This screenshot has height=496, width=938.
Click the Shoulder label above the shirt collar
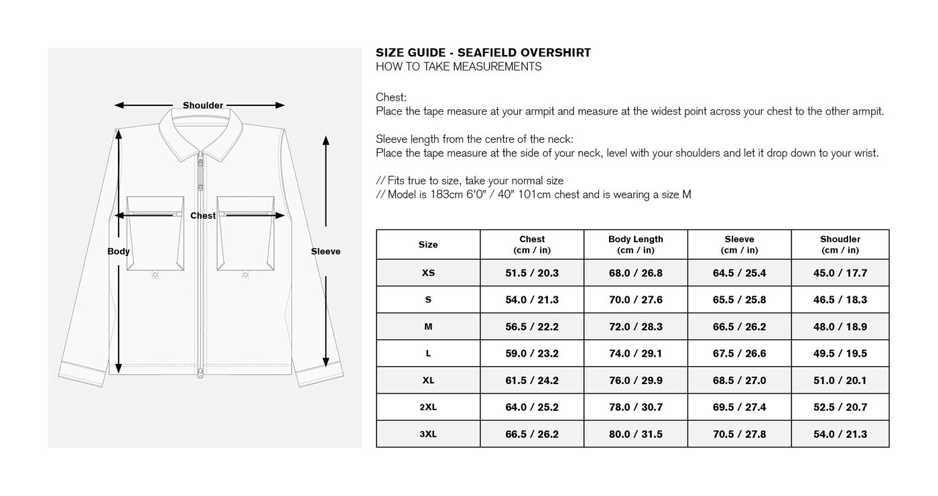click(x=202, y=105)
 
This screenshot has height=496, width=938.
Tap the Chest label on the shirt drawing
click(x=202, y=216)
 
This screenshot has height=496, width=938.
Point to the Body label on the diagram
click(x=119, y=251)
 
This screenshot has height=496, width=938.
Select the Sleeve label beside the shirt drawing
click(x=326, y=251)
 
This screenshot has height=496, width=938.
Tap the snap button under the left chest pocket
click(x=155, y=274)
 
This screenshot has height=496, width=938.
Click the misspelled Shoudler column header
click(x=840, y=239)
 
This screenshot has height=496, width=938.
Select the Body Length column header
click(x=635, y=239)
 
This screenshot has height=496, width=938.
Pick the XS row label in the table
click(x=428, y=273)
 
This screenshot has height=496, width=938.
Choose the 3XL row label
click(x=428, y=434)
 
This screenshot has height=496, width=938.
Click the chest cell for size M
click(x=531, y=326)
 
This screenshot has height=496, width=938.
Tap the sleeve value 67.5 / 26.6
click(x=739, y=353)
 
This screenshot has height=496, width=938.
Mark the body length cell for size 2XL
click(x=635, y=407)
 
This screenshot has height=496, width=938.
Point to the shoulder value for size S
click(x=840, y=300)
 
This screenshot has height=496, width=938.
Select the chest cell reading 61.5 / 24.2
click(x=531, y=380)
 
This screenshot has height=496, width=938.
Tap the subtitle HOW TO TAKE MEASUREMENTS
click(x=458, y=67)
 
